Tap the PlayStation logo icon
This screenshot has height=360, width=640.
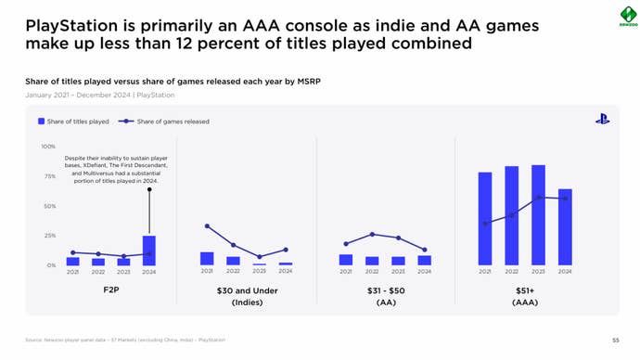click(602, 119)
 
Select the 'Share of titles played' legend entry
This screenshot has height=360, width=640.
click(73, 122)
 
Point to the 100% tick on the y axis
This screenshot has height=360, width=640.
click(48, 147)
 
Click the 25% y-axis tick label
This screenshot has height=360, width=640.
click(49, 236)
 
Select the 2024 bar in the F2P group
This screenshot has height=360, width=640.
click(148, 251)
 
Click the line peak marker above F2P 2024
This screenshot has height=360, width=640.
click(148, 189)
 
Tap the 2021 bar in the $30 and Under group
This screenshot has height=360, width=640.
click(207, 259)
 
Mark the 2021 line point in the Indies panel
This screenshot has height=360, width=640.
click(207, 226)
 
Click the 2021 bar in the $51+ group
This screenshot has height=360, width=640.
click(485, 219)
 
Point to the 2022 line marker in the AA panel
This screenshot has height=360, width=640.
click(372, 234)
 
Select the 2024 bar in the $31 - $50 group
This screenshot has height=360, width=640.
click(424, 261)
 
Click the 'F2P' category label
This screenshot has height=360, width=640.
click(110, 290)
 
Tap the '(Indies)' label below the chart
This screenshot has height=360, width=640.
click(247, 302)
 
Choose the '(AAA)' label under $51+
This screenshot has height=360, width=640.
click(524, 302)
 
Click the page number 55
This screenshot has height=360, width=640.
click(615, 341)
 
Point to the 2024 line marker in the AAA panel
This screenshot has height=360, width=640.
click(565, 199)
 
